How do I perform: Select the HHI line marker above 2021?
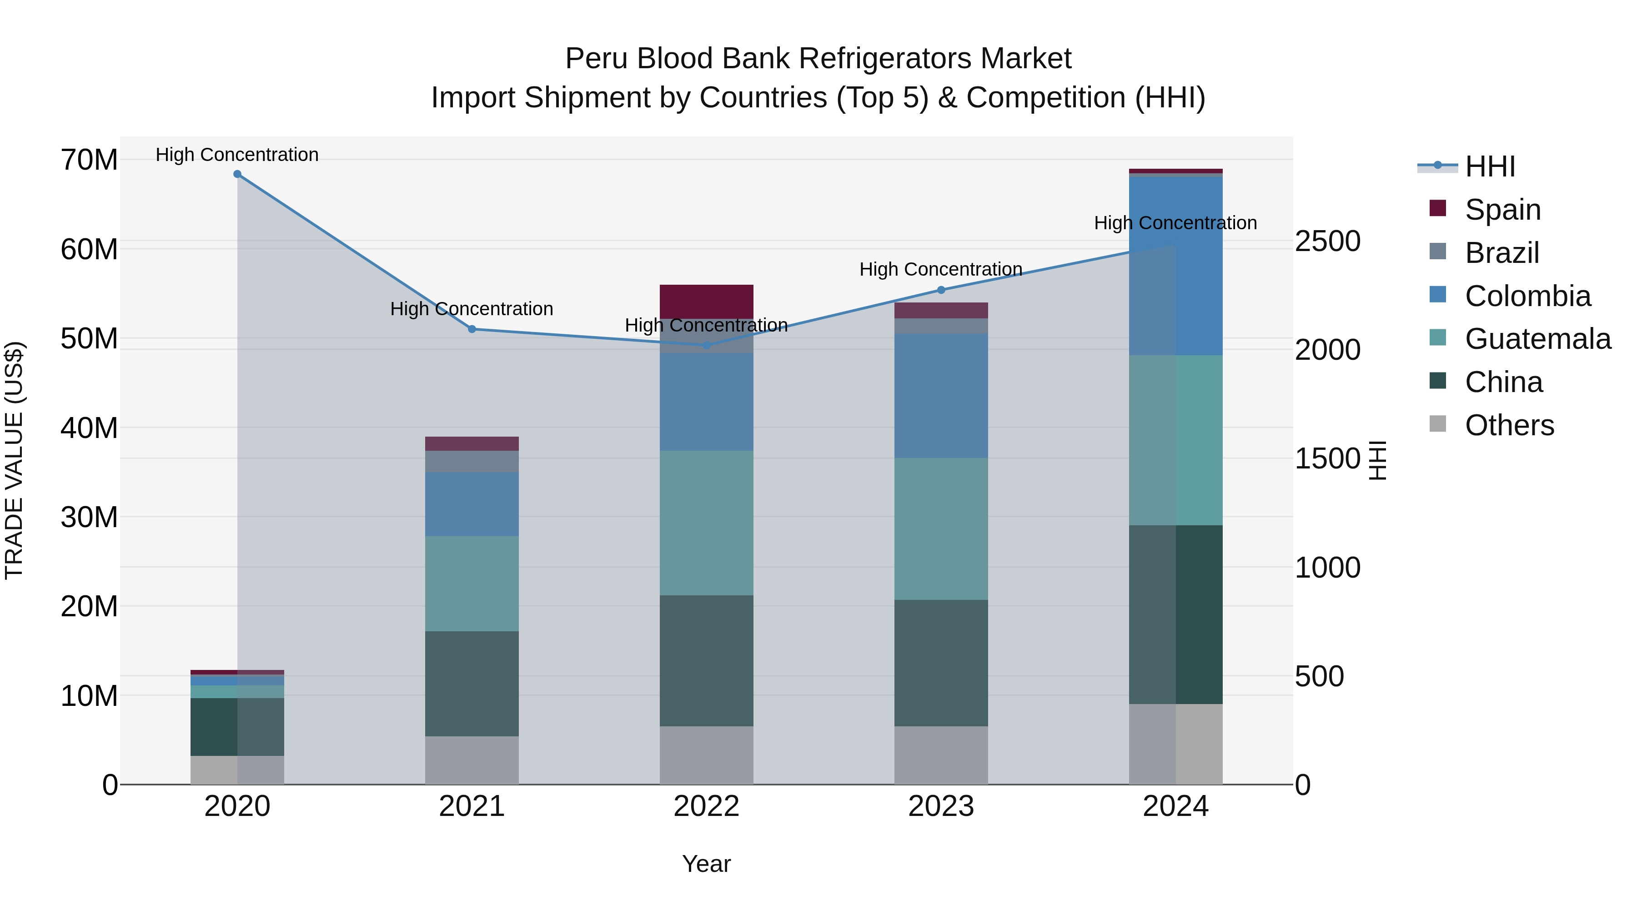[472, 329]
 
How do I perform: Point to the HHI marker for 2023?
[941, 290]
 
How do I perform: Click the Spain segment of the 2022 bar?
[706, 301]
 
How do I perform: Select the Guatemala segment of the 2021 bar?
[472, 583]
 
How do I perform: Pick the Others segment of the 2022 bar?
[706, 755]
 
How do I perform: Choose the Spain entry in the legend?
[1503, 209]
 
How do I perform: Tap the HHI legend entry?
[1490, 166]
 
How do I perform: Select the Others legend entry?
[1509, 425]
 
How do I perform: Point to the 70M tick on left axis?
[89, 160]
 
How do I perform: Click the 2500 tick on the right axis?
[1327, 242]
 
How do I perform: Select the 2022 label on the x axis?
[706, 806]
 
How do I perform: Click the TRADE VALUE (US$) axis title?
[14, 460]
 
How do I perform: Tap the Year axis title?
[706, 864]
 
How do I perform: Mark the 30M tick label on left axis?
[89, 518]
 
